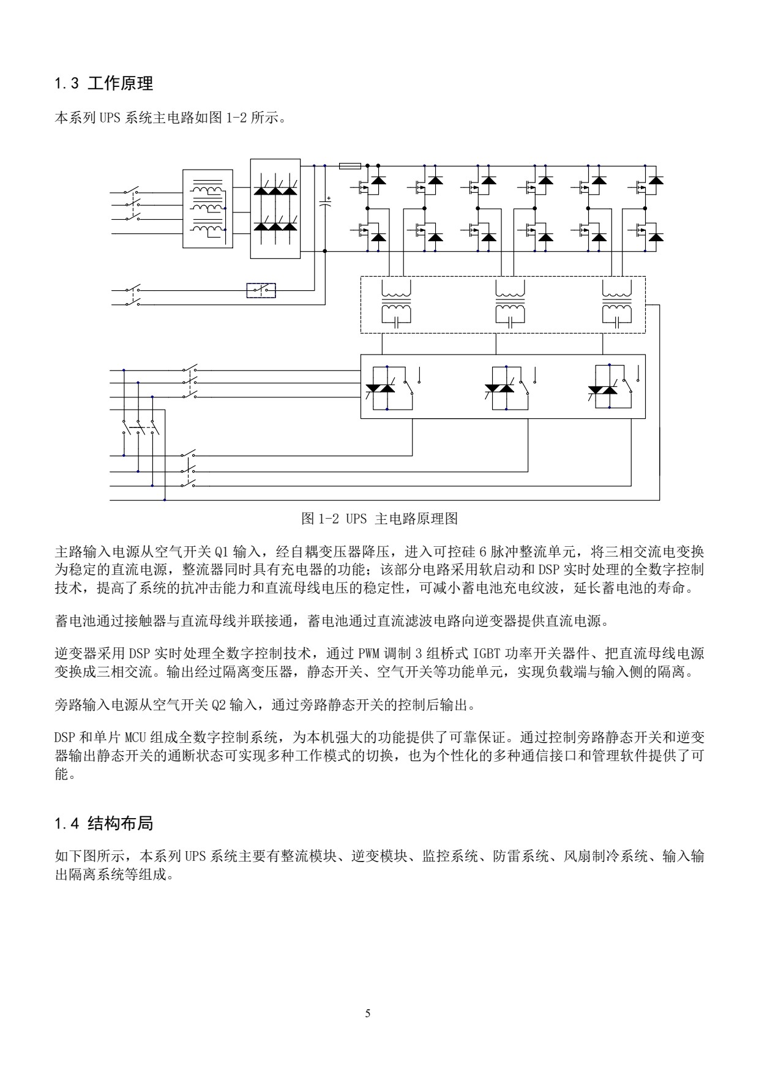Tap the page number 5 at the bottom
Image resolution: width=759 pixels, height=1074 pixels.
pos(367,1013)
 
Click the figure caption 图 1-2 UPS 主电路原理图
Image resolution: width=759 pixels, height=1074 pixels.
pos(379,519)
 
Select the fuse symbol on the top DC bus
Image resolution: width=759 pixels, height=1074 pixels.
pos(350,165)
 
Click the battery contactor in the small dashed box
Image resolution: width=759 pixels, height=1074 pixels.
pos(261,290)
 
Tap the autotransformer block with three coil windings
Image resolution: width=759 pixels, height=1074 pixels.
pos(208,209)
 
